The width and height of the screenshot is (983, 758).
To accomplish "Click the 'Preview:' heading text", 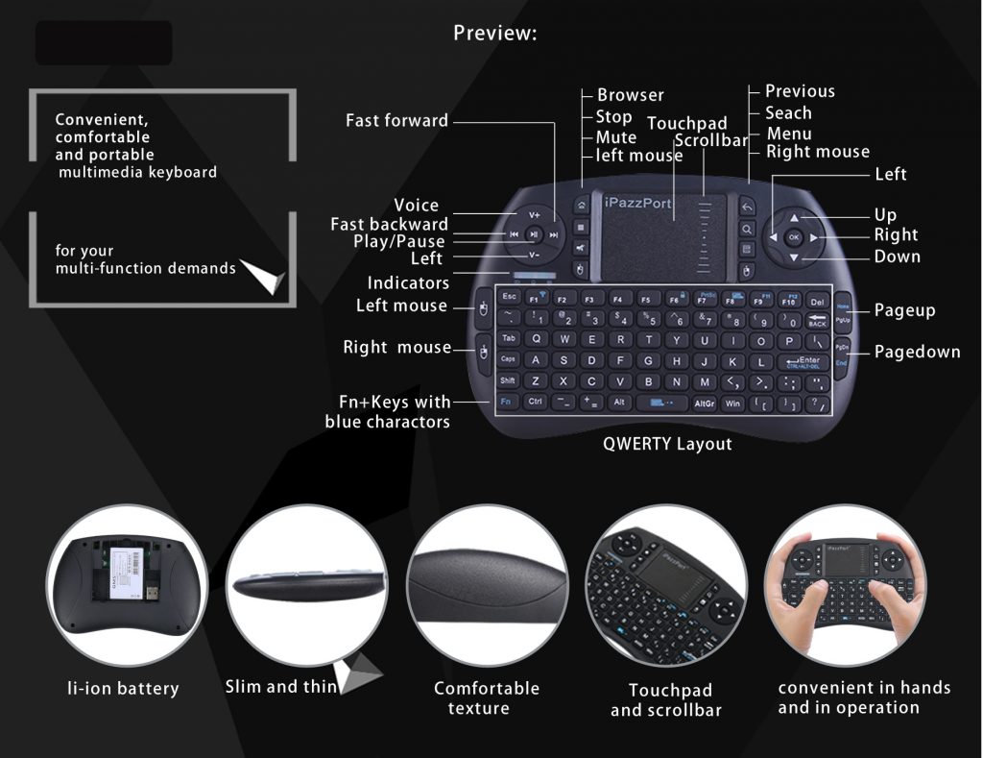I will point(494,34).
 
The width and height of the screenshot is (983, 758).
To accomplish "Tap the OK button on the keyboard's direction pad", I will point(793,235).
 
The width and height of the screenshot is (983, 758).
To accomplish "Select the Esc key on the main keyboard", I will point(510,298).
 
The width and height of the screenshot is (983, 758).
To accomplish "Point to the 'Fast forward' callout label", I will point(396,121).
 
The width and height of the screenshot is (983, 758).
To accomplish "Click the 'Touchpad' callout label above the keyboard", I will point(686,124).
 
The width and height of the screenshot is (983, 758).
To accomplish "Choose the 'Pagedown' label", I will point(917,353).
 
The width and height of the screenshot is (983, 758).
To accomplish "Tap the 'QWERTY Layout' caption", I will point(667,444).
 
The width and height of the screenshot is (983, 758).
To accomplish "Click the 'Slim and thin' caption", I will point(281,686).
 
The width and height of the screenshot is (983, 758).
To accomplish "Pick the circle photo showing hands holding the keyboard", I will point(845,586).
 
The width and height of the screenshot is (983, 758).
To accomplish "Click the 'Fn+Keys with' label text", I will point(395,403).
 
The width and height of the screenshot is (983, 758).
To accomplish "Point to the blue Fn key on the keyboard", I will point(506,402).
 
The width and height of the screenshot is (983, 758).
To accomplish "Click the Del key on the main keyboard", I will point(817,302).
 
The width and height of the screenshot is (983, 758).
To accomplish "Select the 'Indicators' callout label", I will point(408,283).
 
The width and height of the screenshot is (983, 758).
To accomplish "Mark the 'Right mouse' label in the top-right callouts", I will point(818,152).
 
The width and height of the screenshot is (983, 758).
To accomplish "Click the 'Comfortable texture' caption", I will point(486,698).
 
